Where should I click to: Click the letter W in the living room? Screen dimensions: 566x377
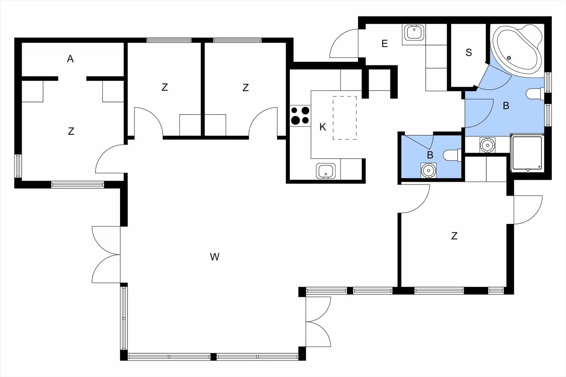[x=215, y=257]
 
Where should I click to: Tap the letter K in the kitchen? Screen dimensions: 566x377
[x=323, y=127]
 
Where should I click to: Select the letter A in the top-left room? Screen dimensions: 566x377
[x=70, y=59]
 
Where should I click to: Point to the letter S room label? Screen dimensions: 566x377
[x=469, y=52]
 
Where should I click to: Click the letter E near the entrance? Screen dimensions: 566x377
[x=385, y=44]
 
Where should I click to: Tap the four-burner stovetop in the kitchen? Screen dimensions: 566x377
[x=300, y=116]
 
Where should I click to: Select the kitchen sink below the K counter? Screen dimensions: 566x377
[x=326, y=171]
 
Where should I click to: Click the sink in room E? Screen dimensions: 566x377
[x=414, y=32]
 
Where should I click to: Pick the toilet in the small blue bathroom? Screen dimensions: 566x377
[x=452, y=155]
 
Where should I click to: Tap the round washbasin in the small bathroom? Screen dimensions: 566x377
[x=428, y=170]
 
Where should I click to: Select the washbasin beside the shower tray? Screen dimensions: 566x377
[x=487, y=145]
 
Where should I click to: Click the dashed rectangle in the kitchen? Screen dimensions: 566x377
[x=345, y=118]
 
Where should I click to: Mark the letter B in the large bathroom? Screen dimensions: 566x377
[x=506, y=106]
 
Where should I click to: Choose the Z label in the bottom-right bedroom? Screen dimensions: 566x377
[x=454, y=236]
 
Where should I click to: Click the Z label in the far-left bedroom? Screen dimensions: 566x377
[x=71, y=131]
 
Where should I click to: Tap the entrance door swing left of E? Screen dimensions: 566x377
[x=344, y=43]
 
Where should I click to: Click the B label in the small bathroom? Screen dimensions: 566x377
[x=430, y=155]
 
